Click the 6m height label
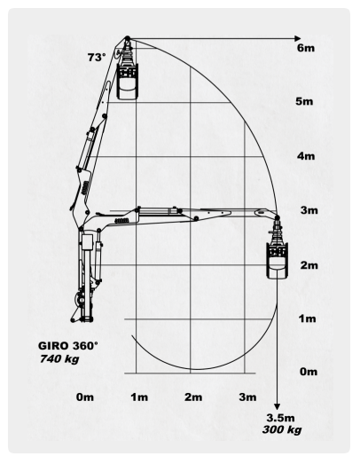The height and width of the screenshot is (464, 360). [x=306, y=48]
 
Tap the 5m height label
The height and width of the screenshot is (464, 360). [x=304, y=101]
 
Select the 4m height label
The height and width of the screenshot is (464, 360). [x=306, y=156]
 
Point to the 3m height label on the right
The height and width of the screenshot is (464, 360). [x=309, y=210]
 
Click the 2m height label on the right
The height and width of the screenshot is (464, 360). [x=309, y=265]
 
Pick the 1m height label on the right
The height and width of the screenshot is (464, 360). [x=307, y=319]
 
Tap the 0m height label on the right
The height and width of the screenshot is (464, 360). [x=309, y=372]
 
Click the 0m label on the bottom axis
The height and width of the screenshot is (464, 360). [x=85, y=397]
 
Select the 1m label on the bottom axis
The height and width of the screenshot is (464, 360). [x=139, y=397]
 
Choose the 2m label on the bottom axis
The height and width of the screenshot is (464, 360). [x=194, y=397]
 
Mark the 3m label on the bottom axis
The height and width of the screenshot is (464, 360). [x=248, y=397]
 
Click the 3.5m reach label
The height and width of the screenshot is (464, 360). [x=280, y=418]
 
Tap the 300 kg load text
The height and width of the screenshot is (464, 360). [x=282, y=429]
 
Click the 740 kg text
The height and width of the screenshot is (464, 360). [x=59, y=358]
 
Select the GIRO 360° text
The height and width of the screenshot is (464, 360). [x=67, y=346]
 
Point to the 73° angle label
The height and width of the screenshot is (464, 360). [x=97, y=57]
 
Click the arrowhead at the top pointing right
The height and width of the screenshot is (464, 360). [x=298, y=38]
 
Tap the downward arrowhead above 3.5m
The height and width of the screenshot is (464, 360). [x=277, y=406]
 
